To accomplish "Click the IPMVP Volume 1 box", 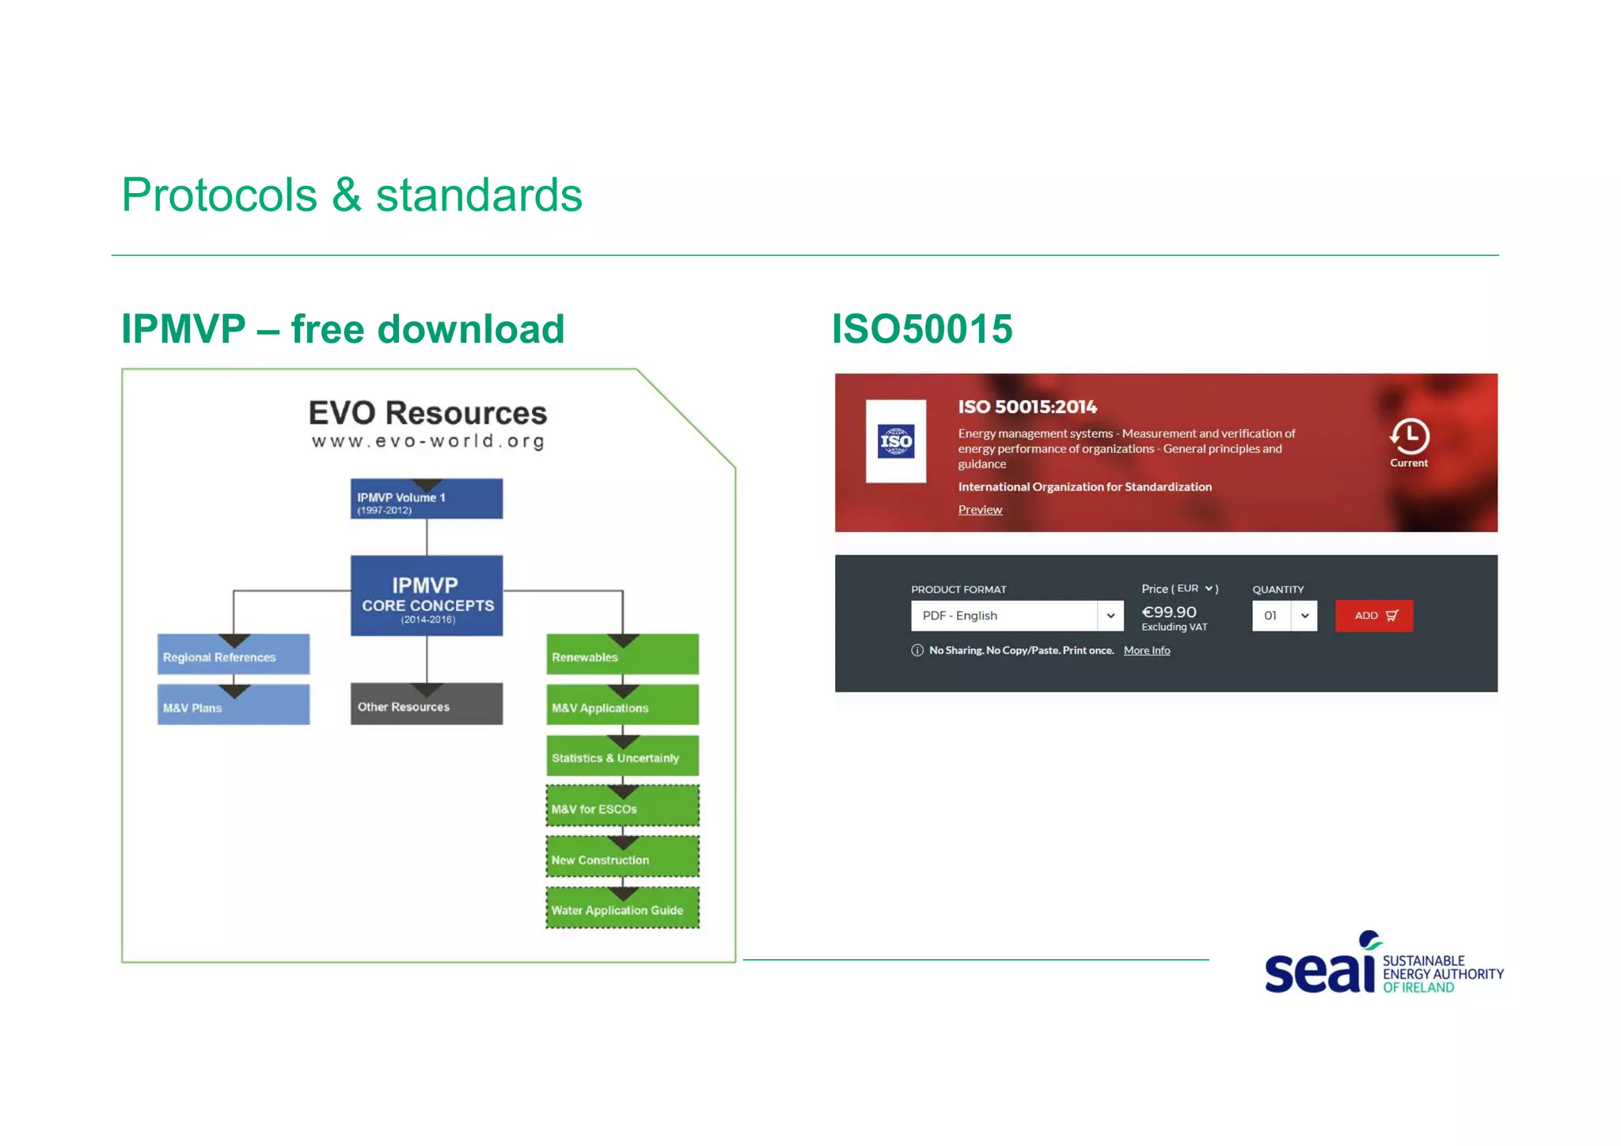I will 427,499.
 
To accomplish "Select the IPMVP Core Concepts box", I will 427,596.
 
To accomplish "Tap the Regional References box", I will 233,655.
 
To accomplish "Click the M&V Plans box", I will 233,706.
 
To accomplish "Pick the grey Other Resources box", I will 427,705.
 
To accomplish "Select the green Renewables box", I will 622,655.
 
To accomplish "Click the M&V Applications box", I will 622,706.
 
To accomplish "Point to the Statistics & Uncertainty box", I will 622,757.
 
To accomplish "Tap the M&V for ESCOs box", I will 622,807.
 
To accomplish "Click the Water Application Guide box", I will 622,909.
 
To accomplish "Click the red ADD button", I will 1373,616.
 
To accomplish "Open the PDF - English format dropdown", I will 1017,616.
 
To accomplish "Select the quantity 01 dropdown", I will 1284,616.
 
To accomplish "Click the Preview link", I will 979,510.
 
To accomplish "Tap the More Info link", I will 1146,651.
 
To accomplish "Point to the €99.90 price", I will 1168,612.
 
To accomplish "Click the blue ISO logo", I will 896,442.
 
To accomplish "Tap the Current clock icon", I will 1409,436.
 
